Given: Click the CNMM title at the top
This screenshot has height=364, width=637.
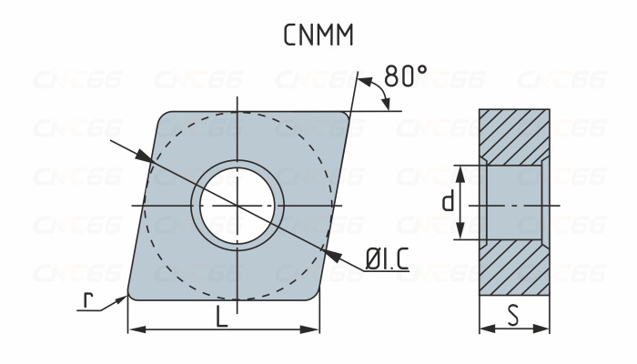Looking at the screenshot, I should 318,35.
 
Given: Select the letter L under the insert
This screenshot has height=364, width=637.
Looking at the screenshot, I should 221,317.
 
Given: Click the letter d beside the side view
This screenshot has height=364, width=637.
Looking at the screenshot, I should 447,202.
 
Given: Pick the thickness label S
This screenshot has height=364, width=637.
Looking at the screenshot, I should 514,317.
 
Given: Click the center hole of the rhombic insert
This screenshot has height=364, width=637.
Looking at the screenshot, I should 237,206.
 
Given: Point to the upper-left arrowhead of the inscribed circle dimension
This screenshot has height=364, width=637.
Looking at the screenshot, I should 143,158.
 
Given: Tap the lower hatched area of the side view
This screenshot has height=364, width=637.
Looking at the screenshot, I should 514,268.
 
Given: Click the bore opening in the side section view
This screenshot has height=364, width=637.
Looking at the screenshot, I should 514,202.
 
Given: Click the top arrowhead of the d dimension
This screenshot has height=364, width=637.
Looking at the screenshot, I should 460,170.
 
